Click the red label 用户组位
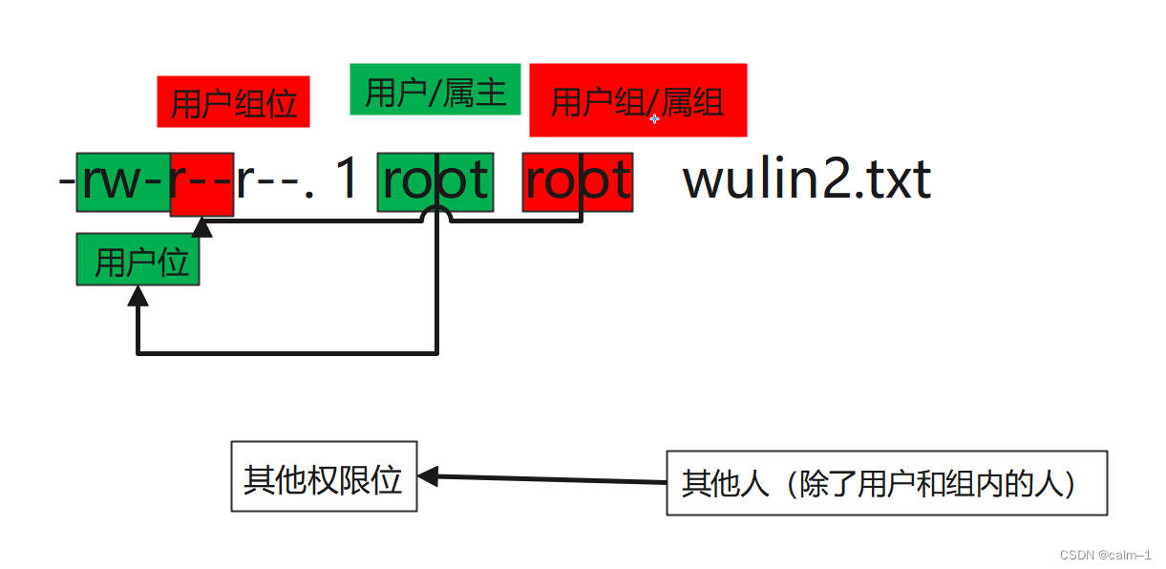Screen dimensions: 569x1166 tap(233, 102)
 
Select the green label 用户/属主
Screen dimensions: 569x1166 tap(435, 90)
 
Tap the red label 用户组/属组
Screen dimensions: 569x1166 tap(638, 100)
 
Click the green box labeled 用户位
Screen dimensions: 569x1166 tap(138, 261)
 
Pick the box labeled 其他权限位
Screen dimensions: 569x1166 tap(324, 476)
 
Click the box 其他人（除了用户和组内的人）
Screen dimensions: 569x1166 tap(886, 483)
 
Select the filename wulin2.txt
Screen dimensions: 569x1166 tap(807, 180)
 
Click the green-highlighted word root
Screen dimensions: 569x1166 tap(435, 181)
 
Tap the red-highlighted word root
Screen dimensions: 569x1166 tap(577, 181)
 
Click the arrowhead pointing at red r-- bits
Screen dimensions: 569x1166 tap(201, 227)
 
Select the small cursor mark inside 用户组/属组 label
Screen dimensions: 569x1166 tap(654, 119)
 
